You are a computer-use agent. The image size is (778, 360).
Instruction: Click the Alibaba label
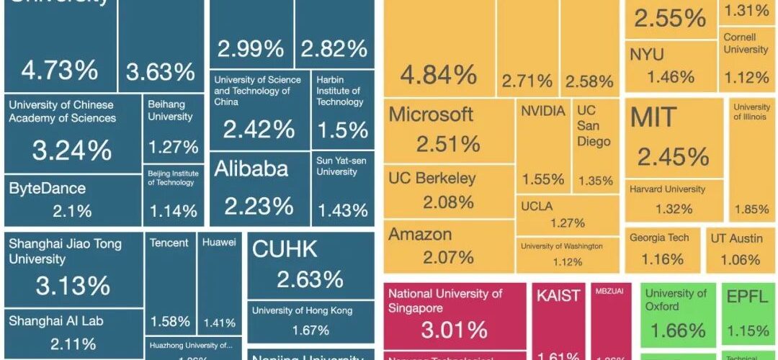[251, 169]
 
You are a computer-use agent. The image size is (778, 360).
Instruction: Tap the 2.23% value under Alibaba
[259, 207]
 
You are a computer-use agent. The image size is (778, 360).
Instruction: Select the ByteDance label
[47, 189]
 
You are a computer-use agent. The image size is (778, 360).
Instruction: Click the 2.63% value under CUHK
[310, 279]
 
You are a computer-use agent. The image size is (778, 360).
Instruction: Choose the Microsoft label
[431, 114]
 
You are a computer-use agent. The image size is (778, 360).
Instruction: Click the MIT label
[653, 118]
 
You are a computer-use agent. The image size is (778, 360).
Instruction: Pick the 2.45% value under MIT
[673, 156]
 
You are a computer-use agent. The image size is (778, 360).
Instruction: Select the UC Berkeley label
[432, 178]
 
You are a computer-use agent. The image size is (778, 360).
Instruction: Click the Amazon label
[420, 234]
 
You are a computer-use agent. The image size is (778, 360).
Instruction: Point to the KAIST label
[558, 296]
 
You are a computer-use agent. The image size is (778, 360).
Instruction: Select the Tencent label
[169, 243]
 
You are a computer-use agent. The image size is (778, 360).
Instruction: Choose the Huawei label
[219, 243]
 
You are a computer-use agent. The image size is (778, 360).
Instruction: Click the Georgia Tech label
[659, 238]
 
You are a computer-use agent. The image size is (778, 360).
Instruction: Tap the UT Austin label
[736, 238]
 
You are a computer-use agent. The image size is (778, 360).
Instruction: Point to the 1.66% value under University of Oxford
[677, 330]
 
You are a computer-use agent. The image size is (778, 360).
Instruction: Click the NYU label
[647, 54]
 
